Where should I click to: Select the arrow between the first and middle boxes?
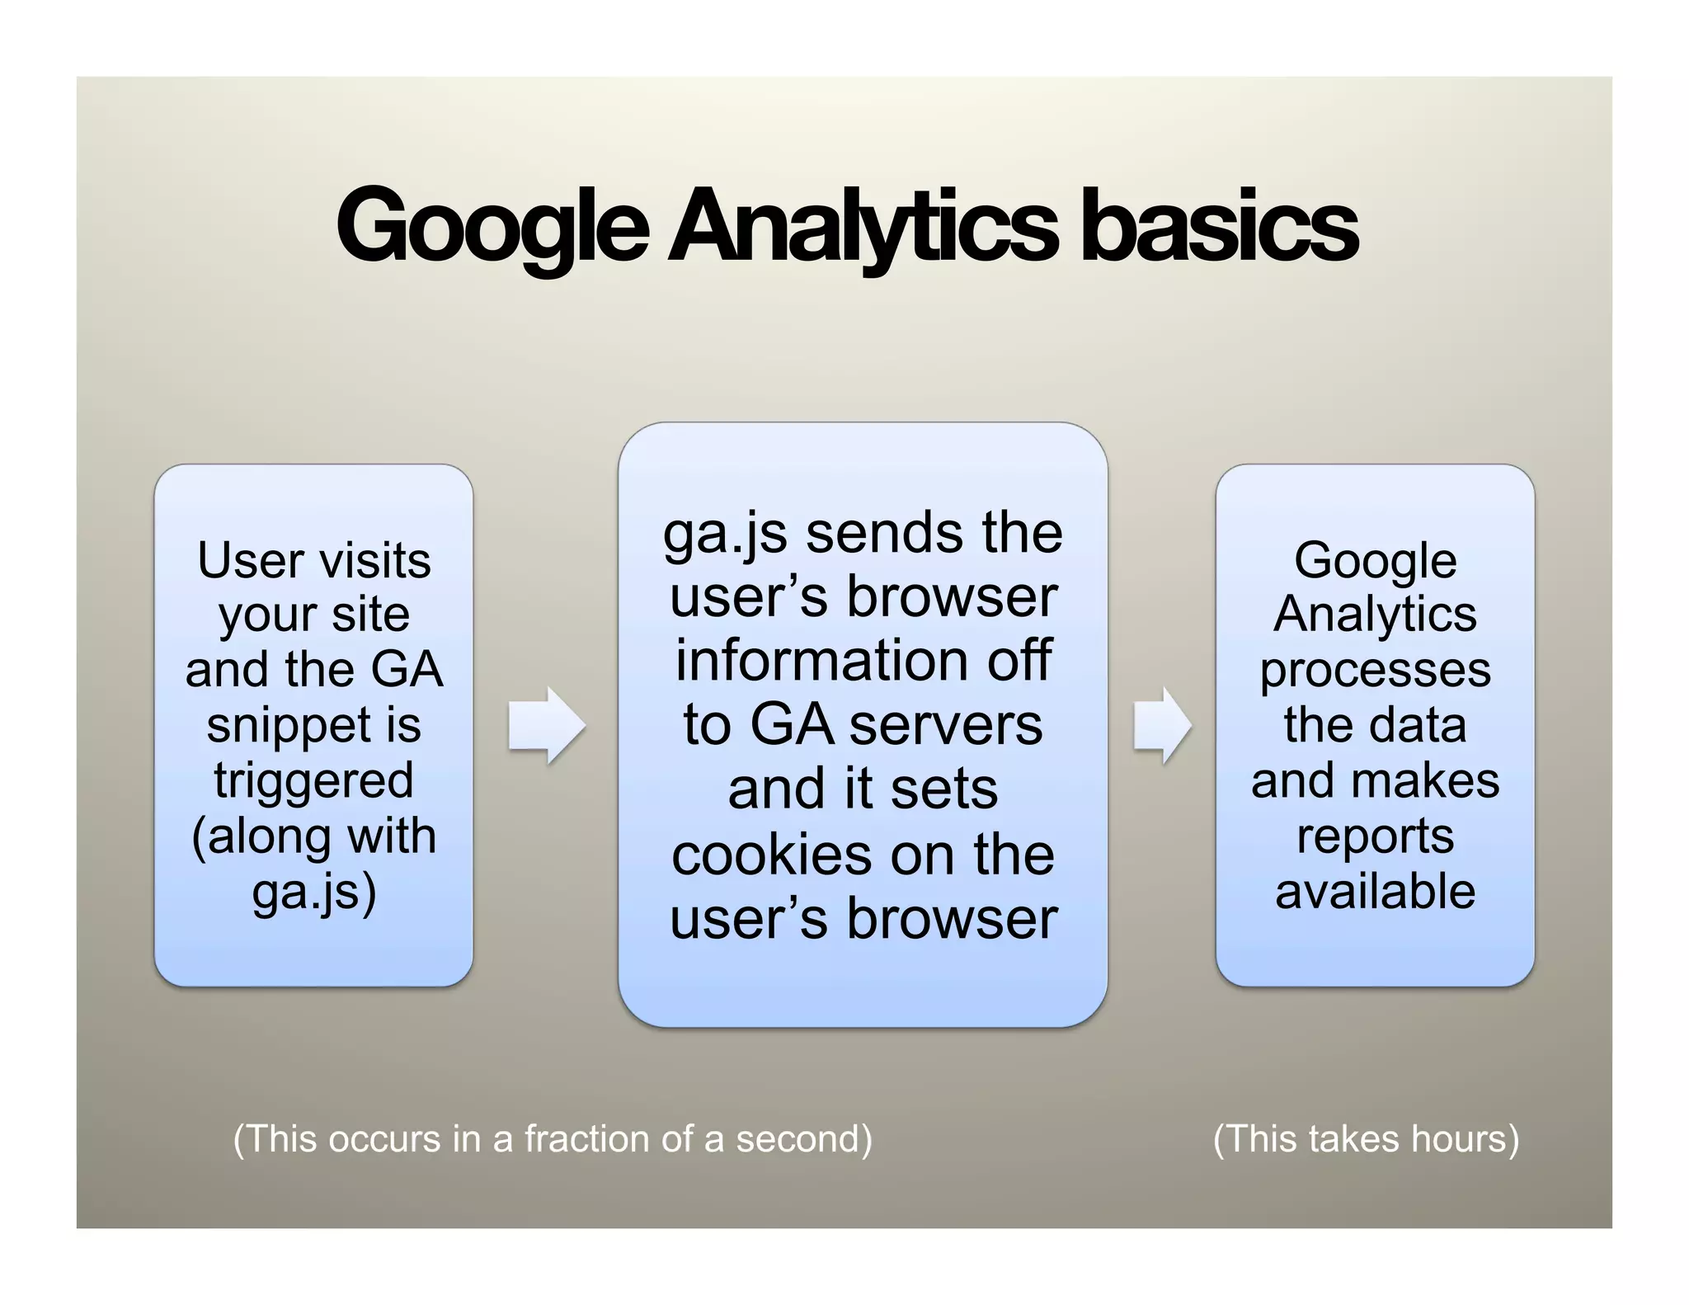[x=547, y=725]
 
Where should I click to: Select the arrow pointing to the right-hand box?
[x=1163, y=725]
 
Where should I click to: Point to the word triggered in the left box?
[x=313, y=780]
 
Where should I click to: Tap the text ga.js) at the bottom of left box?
[x=314, y=892]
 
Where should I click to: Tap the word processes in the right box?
[x=1375, y=670]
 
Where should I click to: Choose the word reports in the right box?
[x=1375, y=836]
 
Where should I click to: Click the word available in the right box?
[x=1375, y=891]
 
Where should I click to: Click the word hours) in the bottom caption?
[x=1465, y=1138]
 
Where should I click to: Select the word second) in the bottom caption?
[x=803, y=1138]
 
